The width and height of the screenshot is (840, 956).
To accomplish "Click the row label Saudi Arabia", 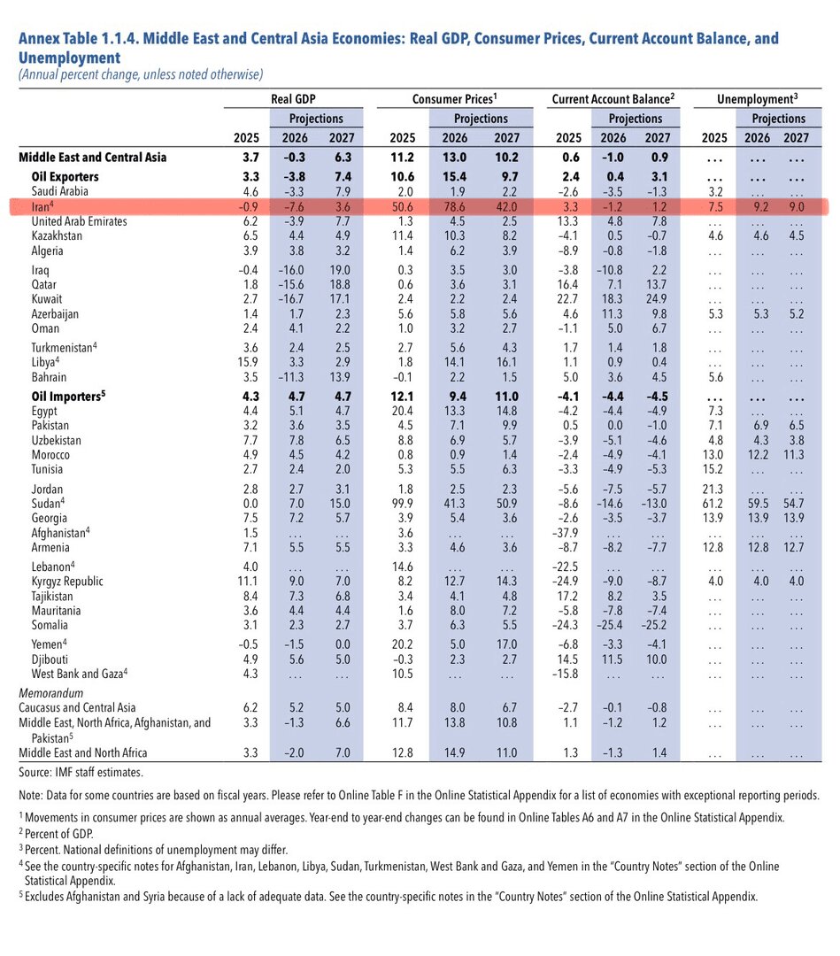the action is coord(59,191).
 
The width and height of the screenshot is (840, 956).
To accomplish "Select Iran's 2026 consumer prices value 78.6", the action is coord(455,206).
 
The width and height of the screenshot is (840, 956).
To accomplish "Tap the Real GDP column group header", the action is coord(293,99).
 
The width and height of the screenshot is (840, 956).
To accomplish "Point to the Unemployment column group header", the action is coord(757,99).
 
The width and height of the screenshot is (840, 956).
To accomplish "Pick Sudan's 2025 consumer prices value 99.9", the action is coord(403,504).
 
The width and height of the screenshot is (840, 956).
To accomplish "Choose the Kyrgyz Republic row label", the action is coord(67,582).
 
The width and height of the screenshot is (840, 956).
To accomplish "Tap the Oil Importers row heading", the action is coord(68,397).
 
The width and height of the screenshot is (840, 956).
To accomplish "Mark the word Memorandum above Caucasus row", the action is coord(50,693).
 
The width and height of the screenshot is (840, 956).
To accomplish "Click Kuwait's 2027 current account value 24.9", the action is coord(657,299).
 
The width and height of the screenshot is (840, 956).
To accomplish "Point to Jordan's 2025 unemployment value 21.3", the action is coord(713,490).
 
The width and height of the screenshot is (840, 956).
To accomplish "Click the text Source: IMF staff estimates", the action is coord(81,773).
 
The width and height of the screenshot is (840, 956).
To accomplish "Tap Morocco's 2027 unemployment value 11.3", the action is coord(794,455).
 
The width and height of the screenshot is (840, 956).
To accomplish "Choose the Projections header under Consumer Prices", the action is coord(481,119).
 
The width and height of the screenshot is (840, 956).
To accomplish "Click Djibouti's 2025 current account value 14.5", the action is coord(568,659).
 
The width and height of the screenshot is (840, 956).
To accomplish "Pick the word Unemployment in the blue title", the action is coord(70,58).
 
